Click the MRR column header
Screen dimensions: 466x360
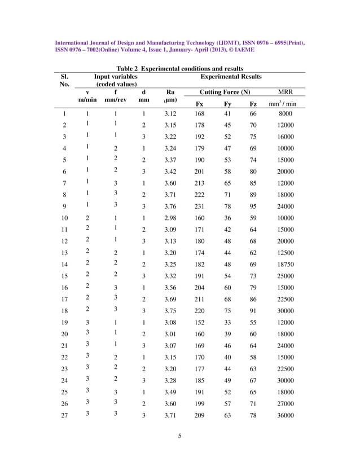tap(286, 92)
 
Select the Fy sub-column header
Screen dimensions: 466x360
tap(227, 104)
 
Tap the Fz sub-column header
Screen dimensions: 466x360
tap(253, 104)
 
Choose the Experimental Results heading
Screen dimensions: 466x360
tap(231, 77)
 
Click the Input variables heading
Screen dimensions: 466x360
tap(115, 77)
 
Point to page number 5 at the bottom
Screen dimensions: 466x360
tap(179, 450)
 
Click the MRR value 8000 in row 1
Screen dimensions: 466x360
tap(286, 114)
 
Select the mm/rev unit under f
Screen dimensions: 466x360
tap(115, 100)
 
